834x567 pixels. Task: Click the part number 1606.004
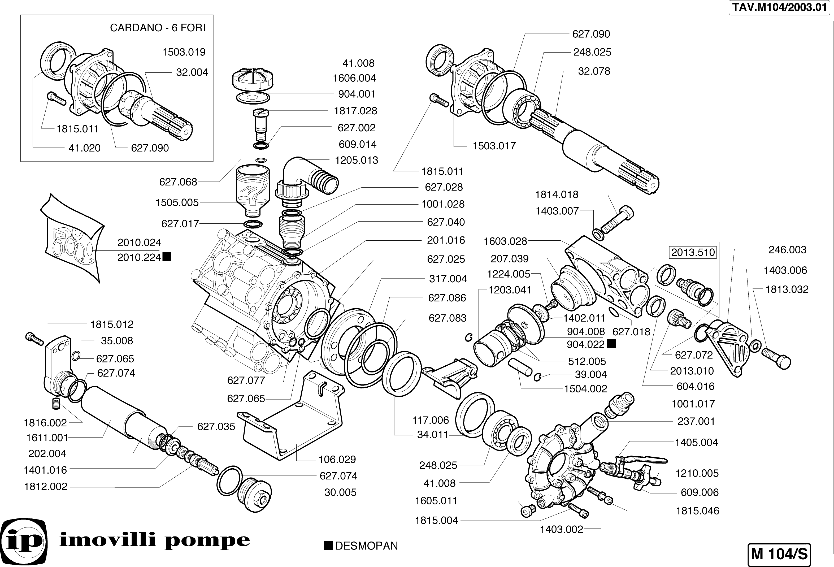click(354, 78)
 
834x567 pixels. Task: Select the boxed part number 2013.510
click(693, 253)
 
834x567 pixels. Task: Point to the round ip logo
click(24, 540)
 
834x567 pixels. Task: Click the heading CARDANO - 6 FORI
click(158, 28)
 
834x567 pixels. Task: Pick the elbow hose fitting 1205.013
click(309, 176)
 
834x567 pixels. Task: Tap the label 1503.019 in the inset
click(184, 52)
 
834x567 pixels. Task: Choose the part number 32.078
click(594, 71)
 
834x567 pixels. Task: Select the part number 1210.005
click(697, 473)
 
